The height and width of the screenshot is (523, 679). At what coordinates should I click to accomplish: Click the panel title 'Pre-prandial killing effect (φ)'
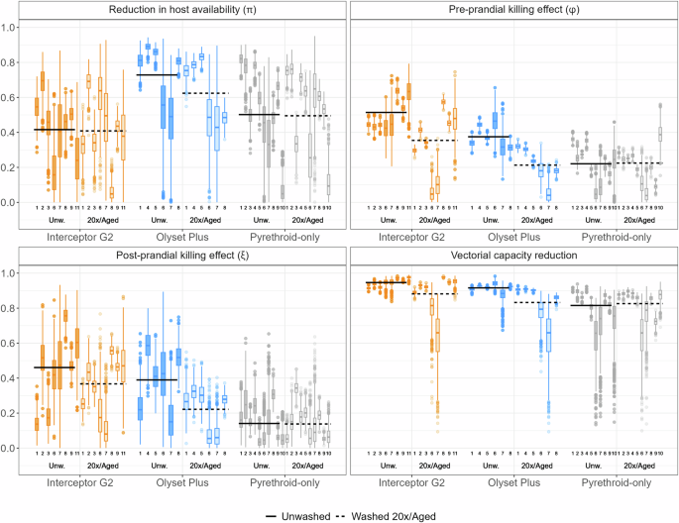(512, 10)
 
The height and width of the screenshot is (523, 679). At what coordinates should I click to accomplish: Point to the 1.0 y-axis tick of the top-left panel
(14, 27)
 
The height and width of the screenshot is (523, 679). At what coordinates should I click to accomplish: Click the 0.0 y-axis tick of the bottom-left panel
(14, 449)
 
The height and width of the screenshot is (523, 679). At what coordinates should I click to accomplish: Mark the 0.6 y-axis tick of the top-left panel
(14, 97)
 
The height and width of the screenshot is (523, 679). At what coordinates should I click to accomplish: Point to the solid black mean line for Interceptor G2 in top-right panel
(387, 112)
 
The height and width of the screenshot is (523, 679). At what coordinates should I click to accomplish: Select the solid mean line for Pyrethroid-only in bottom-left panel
(259, 424)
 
